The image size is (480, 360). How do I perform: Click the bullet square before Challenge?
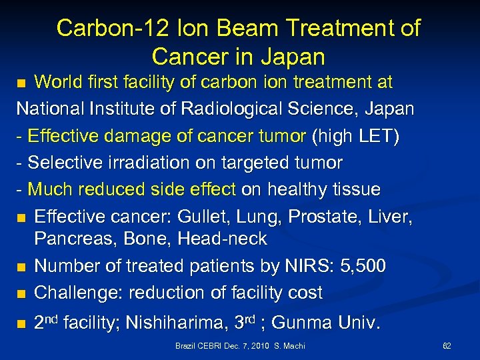(x=22, y=293)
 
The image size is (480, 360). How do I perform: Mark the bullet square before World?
(x=22, y=83)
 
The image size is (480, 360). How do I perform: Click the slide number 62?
(x=447, y=346)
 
